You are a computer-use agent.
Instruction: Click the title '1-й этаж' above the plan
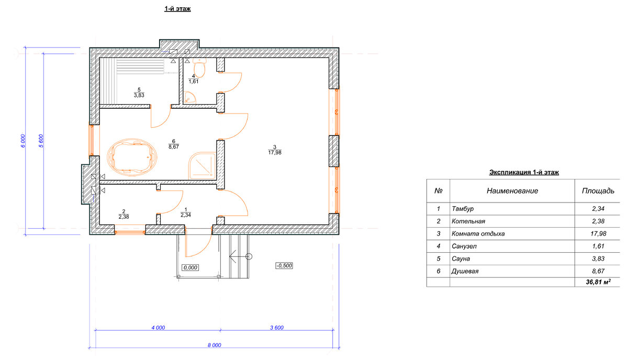pos(177,9)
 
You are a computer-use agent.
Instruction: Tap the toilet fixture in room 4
pos(199,68)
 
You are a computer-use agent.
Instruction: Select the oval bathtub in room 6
pos(132,157)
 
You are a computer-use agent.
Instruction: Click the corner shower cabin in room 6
pos(203,165)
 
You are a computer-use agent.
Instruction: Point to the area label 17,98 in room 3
pos(275,152)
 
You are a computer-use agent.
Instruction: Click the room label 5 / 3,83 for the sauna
pos(139,93)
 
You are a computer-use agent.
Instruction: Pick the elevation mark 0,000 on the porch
pos(190,268)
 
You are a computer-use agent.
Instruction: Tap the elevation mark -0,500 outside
pos(284,265)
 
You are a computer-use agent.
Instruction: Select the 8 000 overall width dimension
pos(215,345)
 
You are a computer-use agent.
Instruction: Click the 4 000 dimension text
pos(159,328)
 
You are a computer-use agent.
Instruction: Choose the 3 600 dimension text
pos(277,328)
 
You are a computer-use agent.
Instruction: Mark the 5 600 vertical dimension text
pos(41,141)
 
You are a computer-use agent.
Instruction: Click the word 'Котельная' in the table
pos(468,221)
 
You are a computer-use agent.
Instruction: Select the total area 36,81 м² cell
pos(598,282)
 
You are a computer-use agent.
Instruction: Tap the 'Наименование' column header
pos(512,191)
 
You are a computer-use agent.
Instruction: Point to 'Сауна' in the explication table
pos(461,259)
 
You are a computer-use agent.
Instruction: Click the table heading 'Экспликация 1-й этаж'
pos(524,172)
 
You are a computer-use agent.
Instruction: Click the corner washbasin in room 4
pos(189,97)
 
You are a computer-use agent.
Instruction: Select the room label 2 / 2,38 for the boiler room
pos(124,214)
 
